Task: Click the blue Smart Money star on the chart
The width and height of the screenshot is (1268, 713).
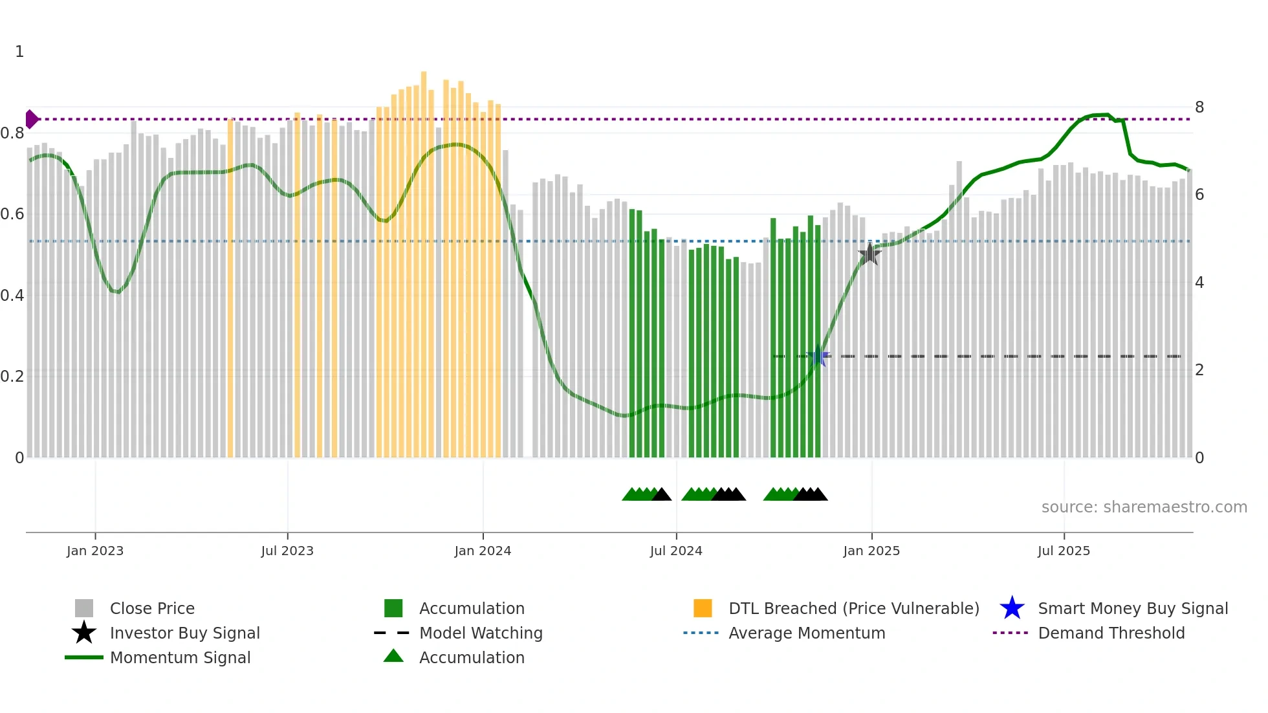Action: [818, 356]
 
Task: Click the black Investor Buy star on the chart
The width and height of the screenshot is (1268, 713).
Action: [869, 254]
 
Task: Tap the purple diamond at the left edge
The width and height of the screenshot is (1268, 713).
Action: [31, 119]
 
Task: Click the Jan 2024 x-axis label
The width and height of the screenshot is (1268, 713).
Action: [483, 551]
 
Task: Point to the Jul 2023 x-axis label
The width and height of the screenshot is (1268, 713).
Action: [287, 551]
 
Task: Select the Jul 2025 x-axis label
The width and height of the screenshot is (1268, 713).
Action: [1064, 551]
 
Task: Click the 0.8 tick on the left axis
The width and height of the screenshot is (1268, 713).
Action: [12, 133]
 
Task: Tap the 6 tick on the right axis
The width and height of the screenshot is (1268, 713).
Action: [1199, 195]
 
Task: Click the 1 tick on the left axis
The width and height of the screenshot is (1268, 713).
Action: [19, 52]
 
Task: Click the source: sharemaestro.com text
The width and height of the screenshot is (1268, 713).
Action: [1144, 507]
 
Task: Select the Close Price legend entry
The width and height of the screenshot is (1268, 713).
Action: [152, 608]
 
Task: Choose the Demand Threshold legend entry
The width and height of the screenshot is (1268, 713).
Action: [1111, 633]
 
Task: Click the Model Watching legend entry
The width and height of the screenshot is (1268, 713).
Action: [481, 633]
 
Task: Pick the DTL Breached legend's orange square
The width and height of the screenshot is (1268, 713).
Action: [703, 608]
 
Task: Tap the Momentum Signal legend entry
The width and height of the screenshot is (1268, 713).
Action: [180, 657]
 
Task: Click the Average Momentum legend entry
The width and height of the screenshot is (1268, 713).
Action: [806, 633]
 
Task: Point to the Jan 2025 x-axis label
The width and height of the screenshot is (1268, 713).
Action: [871, 551]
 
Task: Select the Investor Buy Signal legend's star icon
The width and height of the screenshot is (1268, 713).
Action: [84, 633]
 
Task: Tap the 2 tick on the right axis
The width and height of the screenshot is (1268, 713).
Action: [1199, 370]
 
